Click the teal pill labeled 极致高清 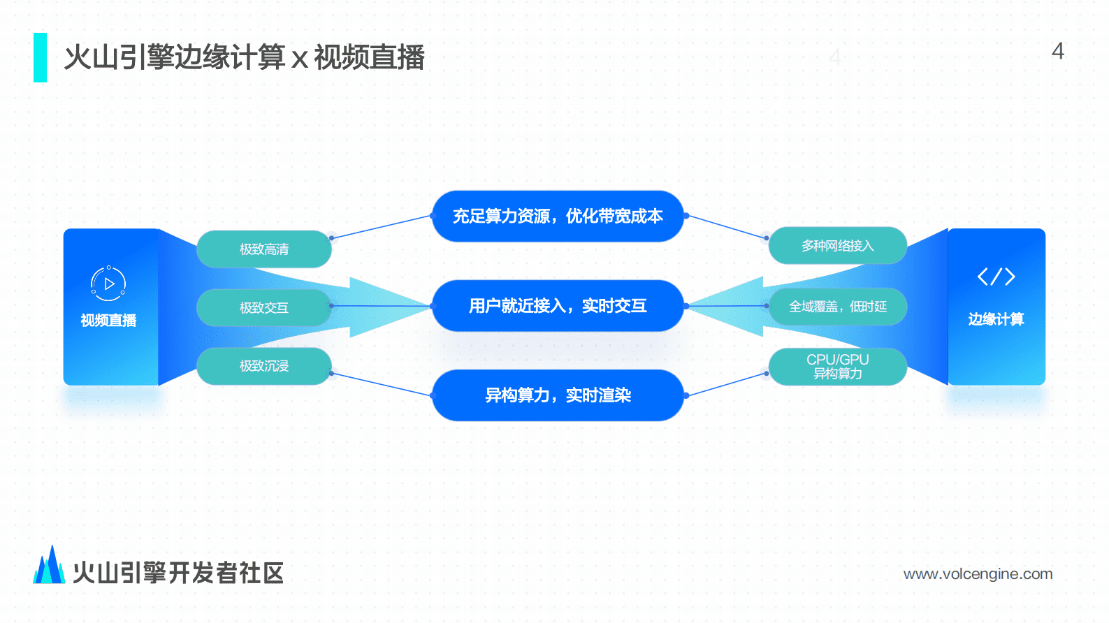click(264, 249)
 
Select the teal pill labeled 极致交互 click(264, 307)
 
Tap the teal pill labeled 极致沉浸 click(264, 366)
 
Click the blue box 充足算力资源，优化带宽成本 click(558, 217)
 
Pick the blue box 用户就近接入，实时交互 click(558, 306)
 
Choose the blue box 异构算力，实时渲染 click(558, 395)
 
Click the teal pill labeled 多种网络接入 click(837, 246)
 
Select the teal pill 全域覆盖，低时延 click(837, 307)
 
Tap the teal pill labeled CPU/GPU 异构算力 click(837, 367)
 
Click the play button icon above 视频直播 click(108, 284)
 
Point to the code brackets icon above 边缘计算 click(996, 277)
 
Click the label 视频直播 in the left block click(108, 321)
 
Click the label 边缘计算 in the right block click(996, 319)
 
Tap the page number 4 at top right click(1057, 51)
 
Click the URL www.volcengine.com click(978, 574)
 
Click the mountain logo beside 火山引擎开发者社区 click(49, 566)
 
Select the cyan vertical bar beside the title click(40, 57)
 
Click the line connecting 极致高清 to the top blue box click(381, 227)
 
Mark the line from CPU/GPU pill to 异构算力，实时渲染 click(727, 385)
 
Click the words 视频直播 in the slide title click(369, 57)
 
